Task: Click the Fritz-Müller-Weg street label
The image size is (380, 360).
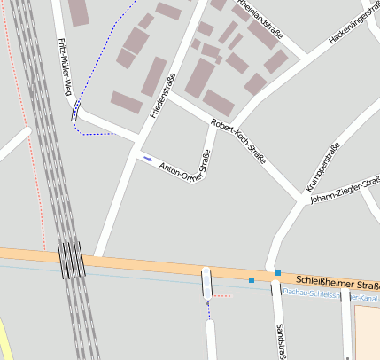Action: (x=64, y=67)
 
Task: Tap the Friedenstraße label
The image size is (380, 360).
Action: (x=161, y=98)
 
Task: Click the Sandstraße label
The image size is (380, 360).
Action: (x=280, y=340)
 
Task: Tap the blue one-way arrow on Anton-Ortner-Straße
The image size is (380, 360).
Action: (x=147, y=160)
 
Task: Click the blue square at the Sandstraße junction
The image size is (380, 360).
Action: (x=277, y=273)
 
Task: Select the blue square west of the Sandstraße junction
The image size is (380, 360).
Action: (x=252, y=280)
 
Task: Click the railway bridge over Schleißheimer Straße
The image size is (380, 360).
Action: (x=73, y=259)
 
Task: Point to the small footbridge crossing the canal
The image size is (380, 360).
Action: (x=207, y=283)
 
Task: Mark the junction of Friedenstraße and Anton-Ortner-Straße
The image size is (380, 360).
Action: (x=138, y=142)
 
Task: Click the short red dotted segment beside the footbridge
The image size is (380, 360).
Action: (x=221, y=295)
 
